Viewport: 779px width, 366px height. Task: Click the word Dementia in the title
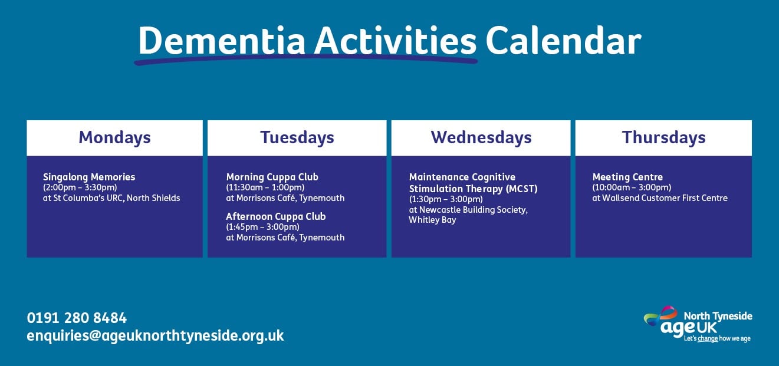(x=222, y=41)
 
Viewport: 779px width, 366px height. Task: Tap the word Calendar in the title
(x=563, y=41)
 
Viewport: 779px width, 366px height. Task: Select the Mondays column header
(x=115, y=138)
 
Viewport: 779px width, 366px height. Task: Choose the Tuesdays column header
(x=297, y=138)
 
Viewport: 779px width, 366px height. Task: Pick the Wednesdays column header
(x=481, y=138)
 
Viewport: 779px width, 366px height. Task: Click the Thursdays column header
(x=663, y=138)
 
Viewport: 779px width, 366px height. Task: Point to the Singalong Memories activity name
(x=89, y=177)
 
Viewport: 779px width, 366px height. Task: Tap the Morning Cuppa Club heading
(x=272, y=177)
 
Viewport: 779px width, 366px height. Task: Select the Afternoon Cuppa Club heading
(x=276, y=216)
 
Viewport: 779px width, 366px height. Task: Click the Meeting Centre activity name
(x=627, y=177)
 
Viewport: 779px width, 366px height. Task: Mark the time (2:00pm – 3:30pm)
(x=80, y=187)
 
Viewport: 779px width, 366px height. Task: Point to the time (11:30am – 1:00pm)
(x=265, y=187)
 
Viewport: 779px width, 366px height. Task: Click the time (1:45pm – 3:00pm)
(x=262, y=227)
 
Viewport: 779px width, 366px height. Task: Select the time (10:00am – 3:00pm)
(x=632, y=187)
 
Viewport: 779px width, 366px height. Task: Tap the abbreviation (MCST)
(x=522, y=189)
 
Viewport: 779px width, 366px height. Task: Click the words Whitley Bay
(x=432, y=220)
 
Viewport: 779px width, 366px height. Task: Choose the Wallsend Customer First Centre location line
(x=660, y=198)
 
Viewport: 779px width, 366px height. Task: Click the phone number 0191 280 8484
(x=77, y=318)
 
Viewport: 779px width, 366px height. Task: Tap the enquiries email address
(x=156, y=336)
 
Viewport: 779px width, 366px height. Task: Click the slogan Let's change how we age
(x=717, y=338)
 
